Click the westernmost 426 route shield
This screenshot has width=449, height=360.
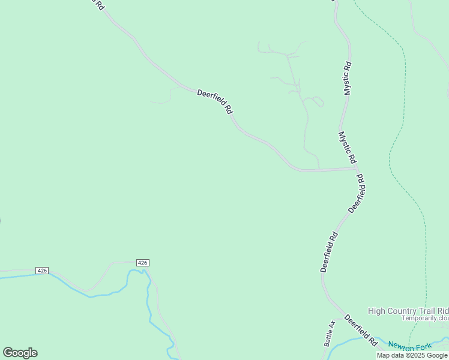click(41, 271)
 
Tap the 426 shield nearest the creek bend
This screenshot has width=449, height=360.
click(142, 263)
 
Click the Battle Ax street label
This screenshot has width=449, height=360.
click(329, 333)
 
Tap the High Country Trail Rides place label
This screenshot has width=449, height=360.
click(408, 310)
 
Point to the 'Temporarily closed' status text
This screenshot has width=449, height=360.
click(425, 318)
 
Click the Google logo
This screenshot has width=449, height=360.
click(20, 352)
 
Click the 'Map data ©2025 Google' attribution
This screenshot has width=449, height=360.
click(412, 355)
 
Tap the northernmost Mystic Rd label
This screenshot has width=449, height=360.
click(347, 78)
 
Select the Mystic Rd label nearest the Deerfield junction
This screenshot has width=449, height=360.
click(348, 148)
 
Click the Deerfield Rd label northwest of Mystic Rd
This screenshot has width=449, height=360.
click(215, 101)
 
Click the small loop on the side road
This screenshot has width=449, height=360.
click(317, 101)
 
